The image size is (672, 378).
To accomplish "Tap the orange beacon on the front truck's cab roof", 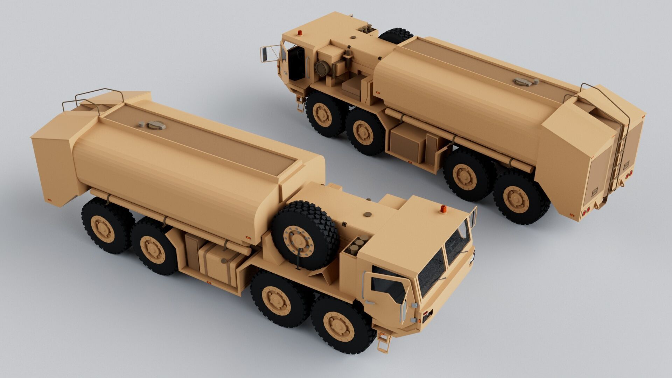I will [x=443, y=209].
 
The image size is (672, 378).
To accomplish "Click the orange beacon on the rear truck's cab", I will [x=300, y=33].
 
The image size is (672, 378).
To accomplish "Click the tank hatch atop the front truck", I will [x=156, y=125].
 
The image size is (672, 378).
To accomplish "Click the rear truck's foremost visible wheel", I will [x=323, y=114].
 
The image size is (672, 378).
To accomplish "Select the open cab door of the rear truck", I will [x=296, y=63].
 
